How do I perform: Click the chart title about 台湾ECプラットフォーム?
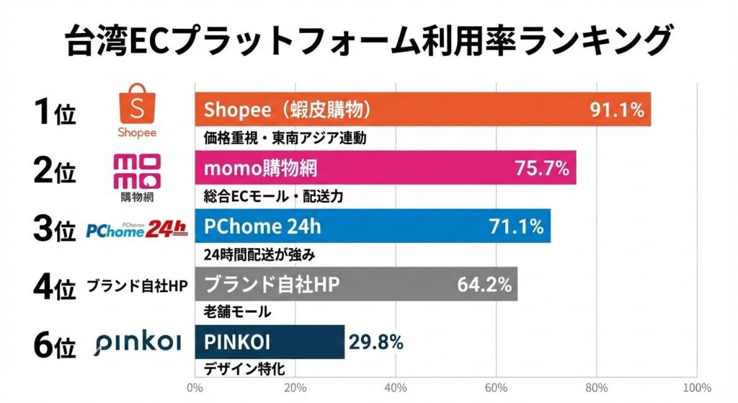(x=369, y=42)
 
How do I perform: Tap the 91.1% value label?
(x=616, y=110)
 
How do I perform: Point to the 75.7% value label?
(x=541, y=169)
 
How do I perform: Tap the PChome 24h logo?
(x=136, y=229)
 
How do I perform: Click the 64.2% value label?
(x=484, y=285)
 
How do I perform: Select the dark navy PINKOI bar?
(x=270, y=342)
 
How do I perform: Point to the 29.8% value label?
(x=375, y=342)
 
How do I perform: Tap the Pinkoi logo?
(x=137, y=344)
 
